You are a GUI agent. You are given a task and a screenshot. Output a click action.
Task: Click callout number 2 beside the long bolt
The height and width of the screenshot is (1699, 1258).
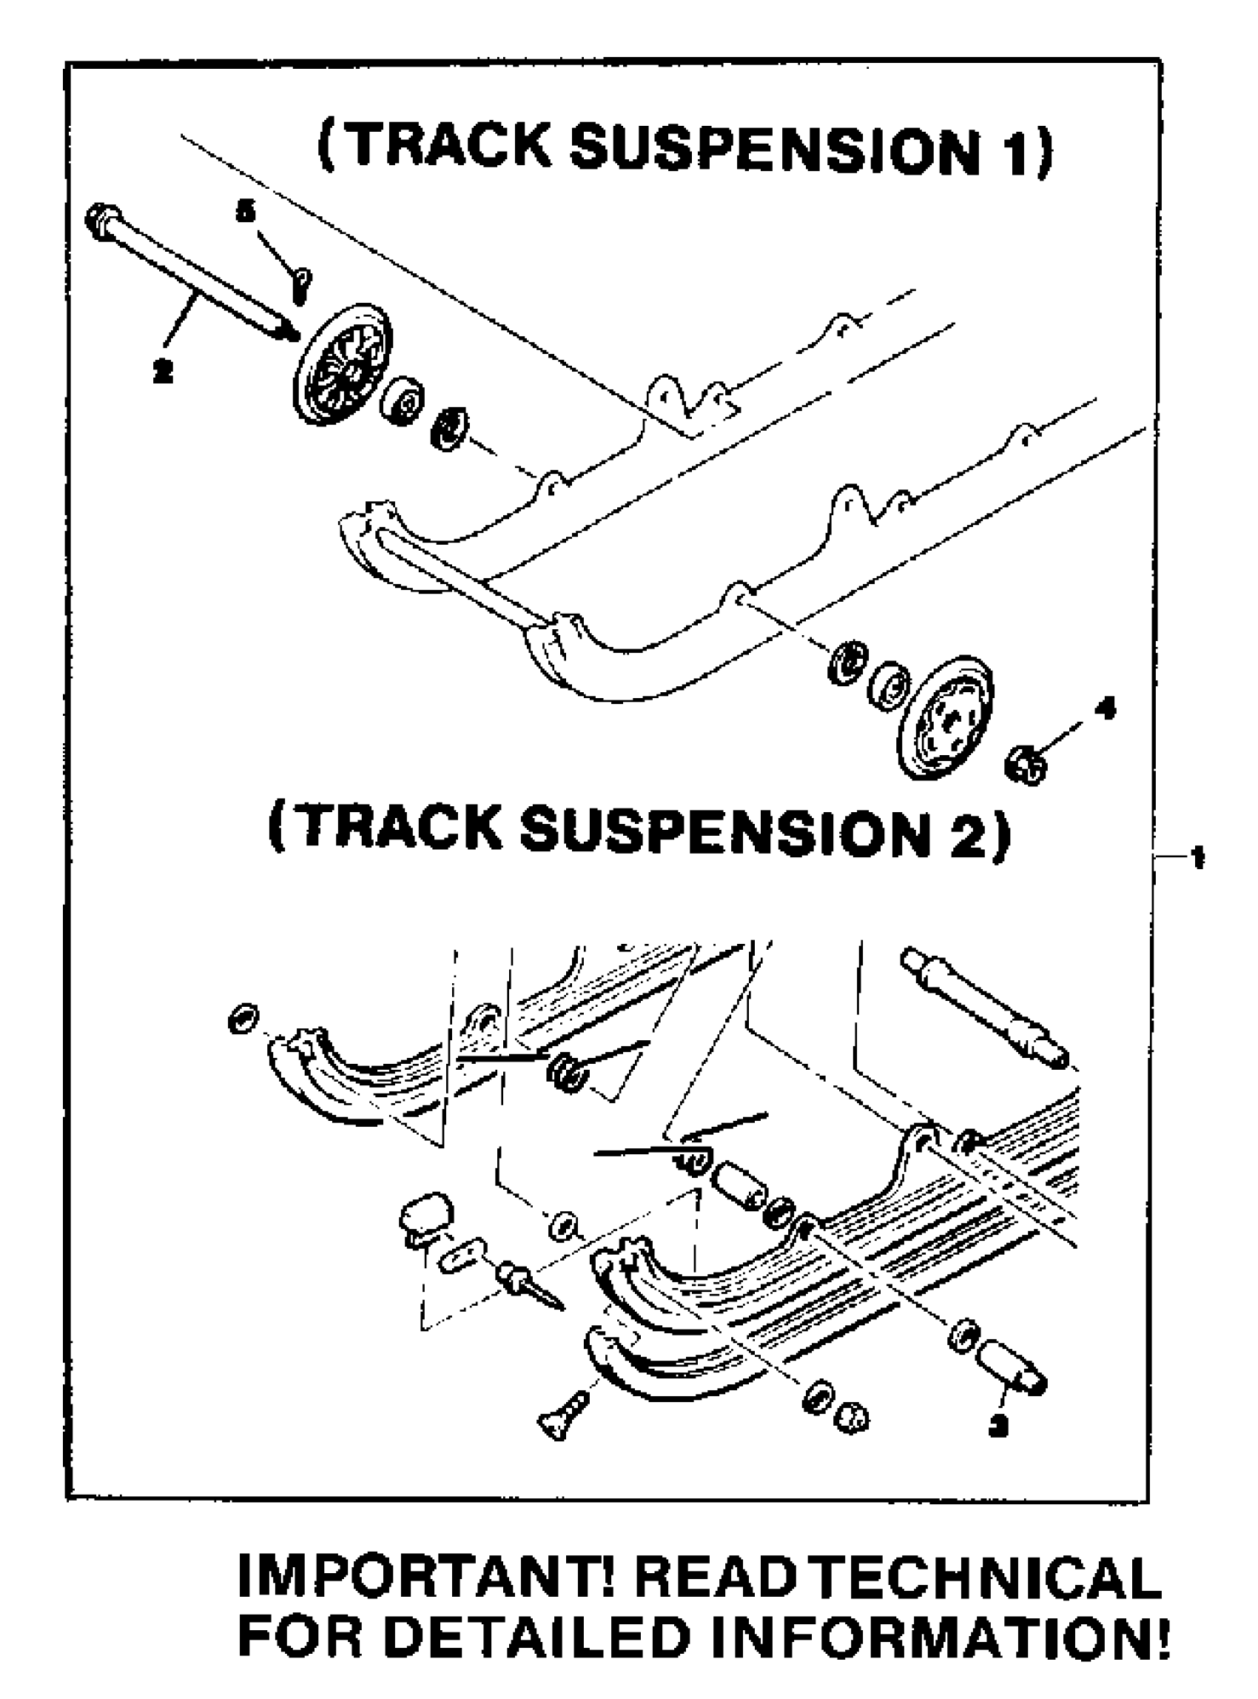[x=162, y=371]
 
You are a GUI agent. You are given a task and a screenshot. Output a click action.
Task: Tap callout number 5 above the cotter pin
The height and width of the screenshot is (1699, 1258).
[x=245, y=212]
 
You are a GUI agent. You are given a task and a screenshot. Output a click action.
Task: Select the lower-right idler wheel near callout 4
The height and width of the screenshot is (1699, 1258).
[x=945, y=716]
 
